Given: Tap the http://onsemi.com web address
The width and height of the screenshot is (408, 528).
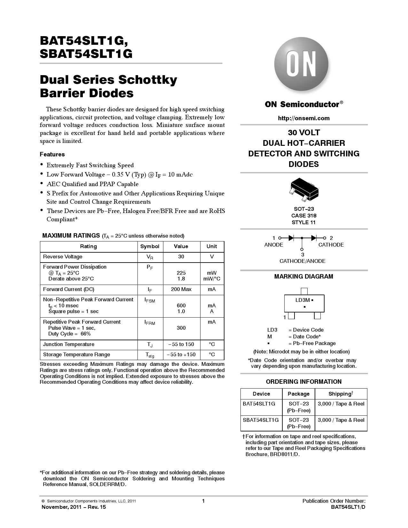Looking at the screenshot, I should [x=303, y=118].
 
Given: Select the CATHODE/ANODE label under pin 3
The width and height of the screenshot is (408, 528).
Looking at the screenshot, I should [x=302, y=261].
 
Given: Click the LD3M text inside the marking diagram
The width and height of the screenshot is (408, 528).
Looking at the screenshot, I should [x=302, y=300].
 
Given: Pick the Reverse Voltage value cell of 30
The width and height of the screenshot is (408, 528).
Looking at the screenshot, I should [x=181, y=257].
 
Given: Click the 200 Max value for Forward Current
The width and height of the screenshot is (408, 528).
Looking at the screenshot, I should [x=181, y=289].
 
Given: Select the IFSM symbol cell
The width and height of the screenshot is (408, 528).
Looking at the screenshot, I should [x=150, y=300].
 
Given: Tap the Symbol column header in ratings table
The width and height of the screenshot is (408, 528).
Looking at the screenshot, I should [x=150, y=247].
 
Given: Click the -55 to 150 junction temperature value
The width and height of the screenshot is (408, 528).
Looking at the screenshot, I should [x=181, y=344].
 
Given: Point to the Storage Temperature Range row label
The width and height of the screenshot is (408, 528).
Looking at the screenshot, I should [x=76, y=355].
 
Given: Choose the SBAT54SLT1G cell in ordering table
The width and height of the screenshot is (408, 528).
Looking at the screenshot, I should [x=261, y=420].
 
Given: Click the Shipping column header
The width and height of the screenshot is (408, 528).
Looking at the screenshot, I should [x=341, y=394].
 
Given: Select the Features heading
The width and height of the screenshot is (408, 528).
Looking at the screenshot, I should [x=52, y=154].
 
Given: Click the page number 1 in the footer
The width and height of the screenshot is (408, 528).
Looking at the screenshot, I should [x=203, y=501].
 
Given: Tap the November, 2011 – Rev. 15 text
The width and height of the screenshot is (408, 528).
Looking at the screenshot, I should [x=74, y=507].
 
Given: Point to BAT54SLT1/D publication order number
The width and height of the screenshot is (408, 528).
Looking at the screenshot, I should [x=348, y=507].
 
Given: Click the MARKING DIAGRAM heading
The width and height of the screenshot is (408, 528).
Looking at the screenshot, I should [x=303, y=277].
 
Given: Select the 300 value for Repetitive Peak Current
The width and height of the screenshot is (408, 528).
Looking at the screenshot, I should [x=181, y=328].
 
